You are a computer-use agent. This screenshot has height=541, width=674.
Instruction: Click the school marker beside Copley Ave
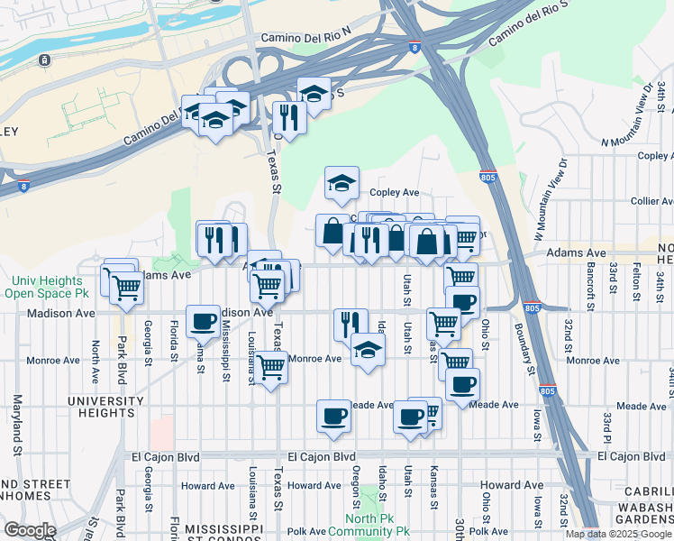click(342, 184)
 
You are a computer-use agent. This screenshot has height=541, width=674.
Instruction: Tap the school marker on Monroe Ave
click(368, 350)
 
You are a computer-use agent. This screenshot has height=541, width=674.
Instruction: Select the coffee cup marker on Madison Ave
click(203, 321)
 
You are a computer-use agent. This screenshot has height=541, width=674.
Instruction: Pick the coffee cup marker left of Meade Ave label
click(333, 417)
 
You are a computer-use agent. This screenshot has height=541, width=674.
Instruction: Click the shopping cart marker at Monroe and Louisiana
click(270, 367)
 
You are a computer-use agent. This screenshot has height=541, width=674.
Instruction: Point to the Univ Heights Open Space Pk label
click(45, 287)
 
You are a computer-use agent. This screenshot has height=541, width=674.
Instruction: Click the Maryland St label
click(16, 424)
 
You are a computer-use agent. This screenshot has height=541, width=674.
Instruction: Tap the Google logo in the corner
click(31, 529)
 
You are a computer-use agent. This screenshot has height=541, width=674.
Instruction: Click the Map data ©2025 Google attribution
click(618, 534)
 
